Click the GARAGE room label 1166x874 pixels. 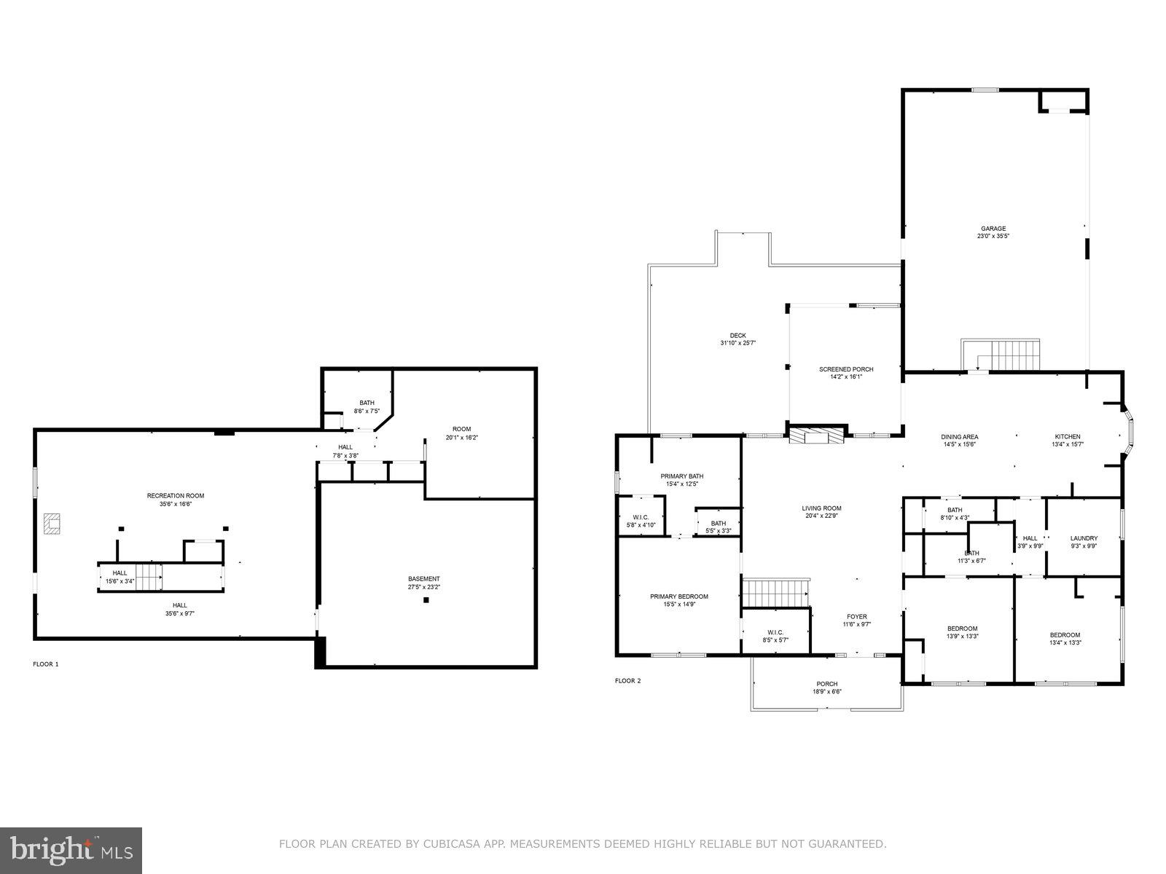point(993,228)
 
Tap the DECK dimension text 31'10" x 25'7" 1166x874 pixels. point(737,342)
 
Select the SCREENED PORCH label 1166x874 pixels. point(845,369)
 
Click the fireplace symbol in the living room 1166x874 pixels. point(817,436)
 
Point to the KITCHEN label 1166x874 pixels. point(1068,436)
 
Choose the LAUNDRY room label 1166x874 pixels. point(1084,538)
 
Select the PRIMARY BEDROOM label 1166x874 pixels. point(678,597)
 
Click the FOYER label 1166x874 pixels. point(856,616)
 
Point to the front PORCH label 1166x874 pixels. point(826,684)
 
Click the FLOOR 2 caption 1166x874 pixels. point(627,681)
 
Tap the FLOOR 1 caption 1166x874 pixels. point(46,664)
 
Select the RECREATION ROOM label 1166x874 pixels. point(175,496)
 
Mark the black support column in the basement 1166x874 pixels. point(426,600)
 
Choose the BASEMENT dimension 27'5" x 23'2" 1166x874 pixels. point(423,586)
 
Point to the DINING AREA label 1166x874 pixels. point(959,436)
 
